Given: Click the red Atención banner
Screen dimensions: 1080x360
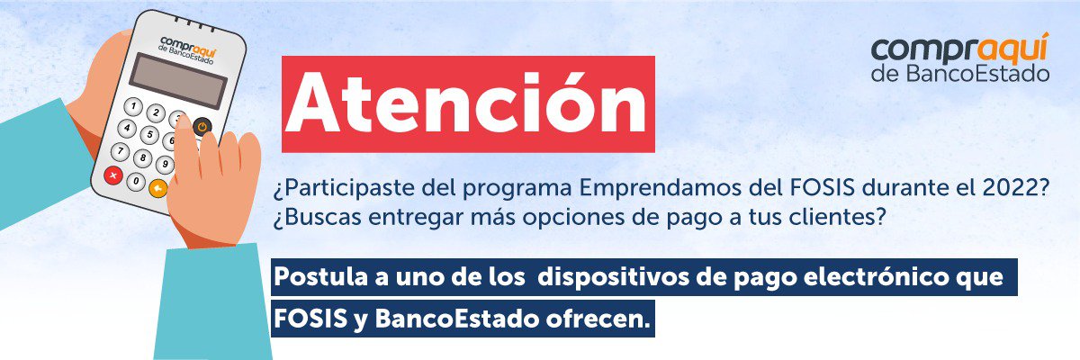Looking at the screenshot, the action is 468,104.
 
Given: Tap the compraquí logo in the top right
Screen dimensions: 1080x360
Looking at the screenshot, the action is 960,58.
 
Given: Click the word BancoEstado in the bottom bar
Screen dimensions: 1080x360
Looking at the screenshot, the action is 455,319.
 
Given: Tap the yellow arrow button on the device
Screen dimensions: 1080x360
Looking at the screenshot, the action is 158,187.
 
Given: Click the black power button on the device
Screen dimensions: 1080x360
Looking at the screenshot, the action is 202,127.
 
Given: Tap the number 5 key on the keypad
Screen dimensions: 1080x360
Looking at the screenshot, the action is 149,134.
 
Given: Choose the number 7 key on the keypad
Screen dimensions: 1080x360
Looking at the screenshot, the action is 120,151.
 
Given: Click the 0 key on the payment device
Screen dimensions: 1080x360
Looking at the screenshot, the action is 137,181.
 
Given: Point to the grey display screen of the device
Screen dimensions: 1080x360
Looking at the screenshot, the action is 178,80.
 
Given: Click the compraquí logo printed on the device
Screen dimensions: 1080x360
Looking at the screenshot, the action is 187,50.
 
